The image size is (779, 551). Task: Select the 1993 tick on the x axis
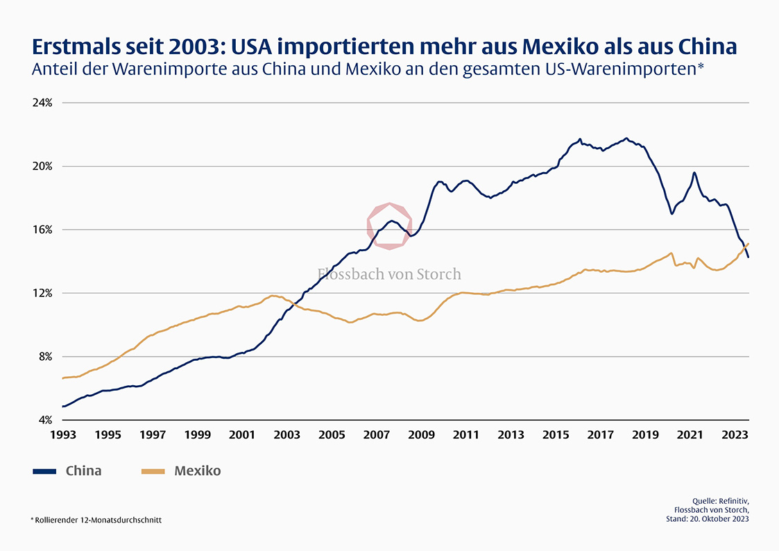62,435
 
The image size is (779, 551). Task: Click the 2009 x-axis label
421,435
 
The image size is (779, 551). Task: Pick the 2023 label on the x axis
734,435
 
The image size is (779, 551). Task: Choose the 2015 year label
556,435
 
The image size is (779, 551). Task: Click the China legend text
83,471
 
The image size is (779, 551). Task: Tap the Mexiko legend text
197,471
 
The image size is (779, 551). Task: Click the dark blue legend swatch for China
45,471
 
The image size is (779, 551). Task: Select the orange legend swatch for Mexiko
153,471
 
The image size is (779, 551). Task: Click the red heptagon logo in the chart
389,226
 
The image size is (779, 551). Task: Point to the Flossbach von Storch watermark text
389,274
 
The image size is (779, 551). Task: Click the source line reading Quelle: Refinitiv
721,501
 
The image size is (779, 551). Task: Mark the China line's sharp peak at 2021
694,173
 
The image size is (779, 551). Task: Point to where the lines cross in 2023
744,247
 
